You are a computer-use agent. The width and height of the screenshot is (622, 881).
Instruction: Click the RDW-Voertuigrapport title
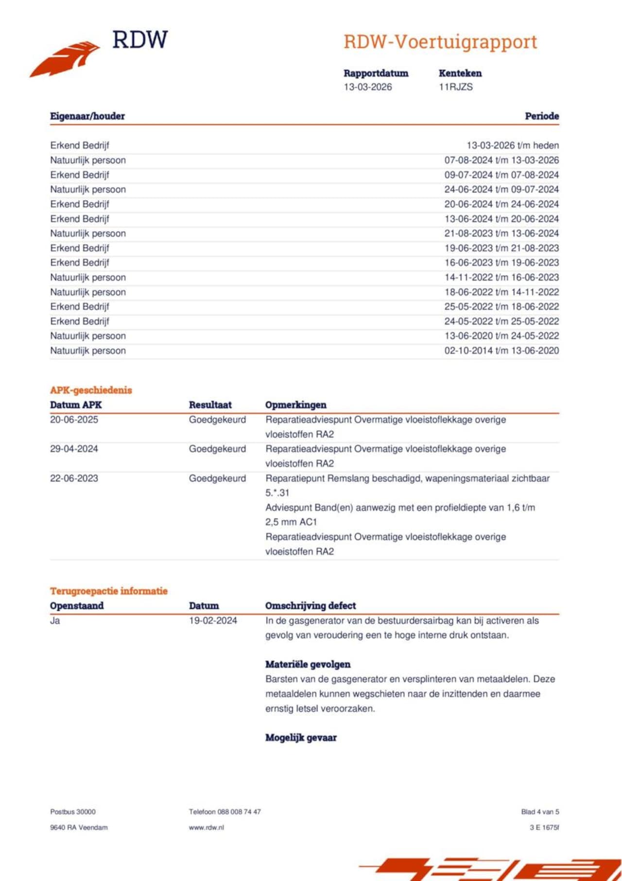tap(440, 42)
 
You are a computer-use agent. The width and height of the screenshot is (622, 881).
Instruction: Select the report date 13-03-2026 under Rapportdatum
tap(367, 87)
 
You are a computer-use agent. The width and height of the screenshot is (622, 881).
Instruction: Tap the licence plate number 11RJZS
tap(455, 87)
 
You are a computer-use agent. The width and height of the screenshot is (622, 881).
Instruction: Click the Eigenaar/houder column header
tap(87, 116)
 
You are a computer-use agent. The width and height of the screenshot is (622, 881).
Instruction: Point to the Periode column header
tap(541, 116)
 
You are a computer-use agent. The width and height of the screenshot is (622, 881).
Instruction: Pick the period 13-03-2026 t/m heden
tap(512, 145)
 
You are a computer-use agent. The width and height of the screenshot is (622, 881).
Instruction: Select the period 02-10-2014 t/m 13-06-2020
tap(501, 351)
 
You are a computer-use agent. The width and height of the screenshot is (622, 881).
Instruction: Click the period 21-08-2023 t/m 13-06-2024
tap(501, 233)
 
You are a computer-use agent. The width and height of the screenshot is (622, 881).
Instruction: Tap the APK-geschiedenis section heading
tap(91, 390)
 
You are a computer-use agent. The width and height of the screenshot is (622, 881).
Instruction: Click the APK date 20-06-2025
tap(74, 420)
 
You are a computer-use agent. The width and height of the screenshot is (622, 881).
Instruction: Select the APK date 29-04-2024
tap(74, 449)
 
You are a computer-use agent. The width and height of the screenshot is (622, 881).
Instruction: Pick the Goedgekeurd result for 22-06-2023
tap(217, 478)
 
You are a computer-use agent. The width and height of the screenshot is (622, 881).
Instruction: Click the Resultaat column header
tap(210, 405)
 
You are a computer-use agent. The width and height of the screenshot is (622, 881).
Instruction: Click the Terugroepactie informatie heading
tap(108, 591)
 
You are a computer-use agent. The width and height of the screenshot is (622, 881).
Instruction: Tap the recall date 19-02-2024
tap(213, 620)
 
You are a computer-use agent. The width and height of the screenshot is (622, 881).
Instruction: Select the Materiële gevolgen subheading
tap(308, 665)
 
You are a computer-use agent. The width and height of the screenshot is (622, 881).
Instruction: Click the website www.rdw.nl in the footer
tap(206, 828)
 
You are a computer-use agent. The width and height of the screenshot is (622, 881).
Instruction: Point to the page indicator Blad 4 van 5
tap(540, 812)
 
